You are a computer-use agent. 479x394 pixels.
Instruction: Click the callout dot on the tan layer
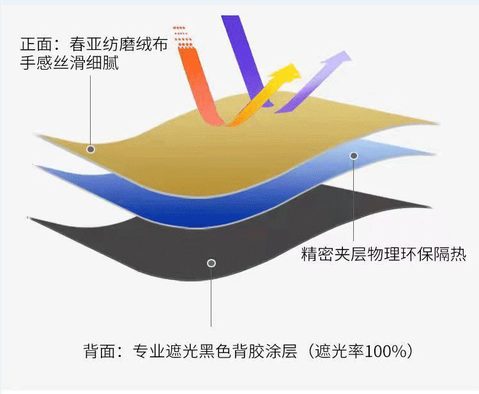click(x=91, y=149)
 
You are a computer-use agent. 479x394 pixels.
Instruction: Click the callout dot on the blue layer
click(x=354, y=155)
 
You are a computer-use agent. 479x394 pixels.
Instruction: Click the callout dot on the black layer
click(x=211, y=263)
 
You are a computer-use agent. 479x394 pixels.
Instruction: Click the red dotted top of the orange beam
click(x=183, y=36)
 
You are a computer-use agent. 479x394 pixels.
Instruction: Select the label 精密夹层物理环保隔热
click(x=383, y=255)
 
